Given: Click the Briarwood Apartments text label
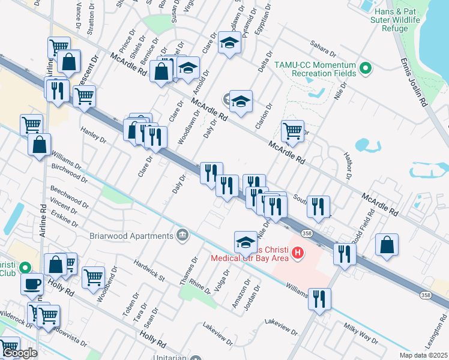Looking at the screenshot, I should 131,235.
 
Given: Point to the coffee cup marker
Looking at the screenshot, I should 32,283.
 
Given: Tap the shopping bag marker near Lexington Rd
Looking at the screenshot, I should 387,245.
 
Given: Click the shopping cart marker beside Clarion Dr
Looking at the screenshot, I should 292,130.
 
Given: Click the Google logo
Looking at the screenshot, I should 19,353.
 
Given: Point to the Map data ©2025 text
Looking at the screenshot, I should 423,355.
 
